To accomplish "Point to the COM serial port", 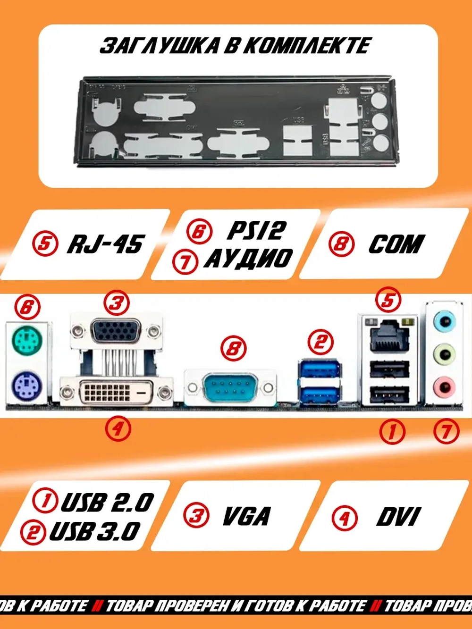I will click(230, 387).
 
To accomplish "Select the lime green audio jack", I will click(445, 352).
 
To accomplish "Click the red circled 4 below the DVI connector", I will click(118, 429).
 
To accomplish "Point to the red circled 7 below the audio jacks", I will click(446, 431).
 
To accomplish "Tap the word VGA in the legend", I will click(246, 516).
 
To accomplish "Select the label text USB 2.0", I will click(107, 502).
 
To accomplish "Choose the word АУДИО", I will click(248, 259).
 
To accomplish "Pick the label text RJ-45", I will click(105, 244).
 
